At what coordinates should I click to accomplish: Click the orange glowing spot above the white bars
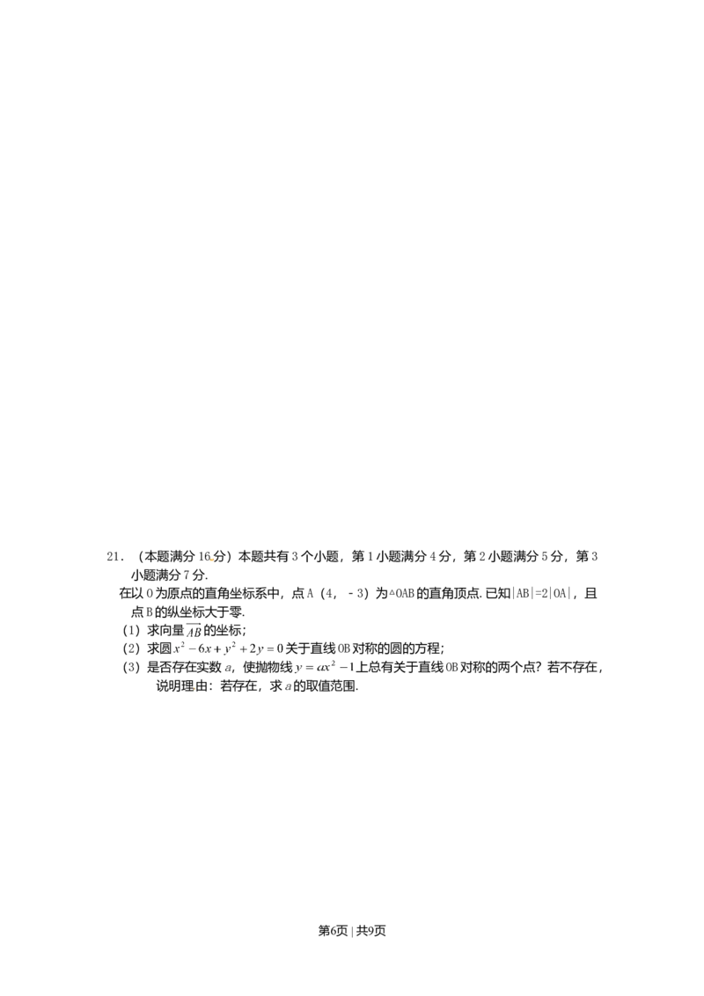tap(211, 560)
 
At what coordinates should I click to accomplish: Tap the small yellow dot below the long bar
tap(194, 688)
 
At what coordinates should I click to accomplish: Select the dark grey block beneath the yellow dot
tap(194, 694)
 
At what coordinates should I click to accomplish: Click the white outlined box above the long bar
tap(194, 626)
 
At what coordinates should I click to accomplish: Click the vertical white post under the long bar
tap(172, 647)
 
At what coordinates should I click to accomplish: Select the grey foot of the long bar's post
tap(172, 657)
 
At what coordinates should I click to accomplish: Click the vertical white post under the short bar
tap(292, 668)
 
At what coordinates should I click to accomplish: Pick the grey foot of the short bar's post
tap(292, 677)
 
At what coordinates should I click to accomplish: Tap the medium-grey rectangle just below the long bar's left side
tap(189, 651)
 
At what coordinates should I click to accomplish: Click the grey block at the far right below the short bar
tap(349, 672)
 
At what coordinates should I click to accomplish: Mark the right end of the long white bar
tap(286, 637)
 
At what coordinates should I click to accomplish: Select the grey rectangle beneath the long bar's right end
tap(270, 652)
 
